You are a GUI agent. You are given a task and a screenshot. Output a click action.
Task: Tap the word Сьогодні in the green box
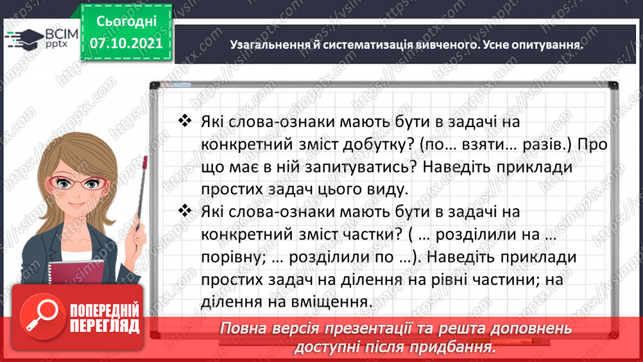126,21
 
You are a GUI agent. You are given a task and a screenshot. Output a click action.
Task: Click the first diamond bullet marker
186,122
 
